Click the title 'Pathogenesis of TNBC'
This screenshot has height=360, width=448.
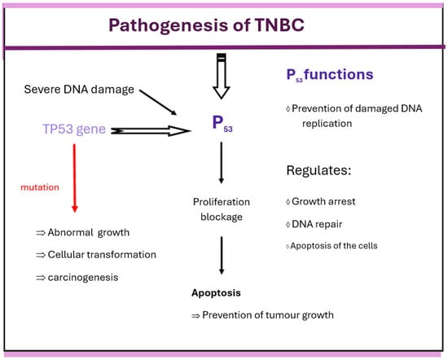click(x=206, y=25)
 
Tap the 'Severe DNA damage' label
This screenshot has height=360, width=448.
click(x=79, y=90)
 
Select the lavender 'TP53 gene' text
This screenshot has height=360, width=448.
click(x=74, y=130)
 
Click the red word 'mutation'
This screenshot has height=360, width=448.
click(x=40, y=187)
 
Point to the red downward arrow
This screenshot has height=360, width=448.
click(x=75, y=178)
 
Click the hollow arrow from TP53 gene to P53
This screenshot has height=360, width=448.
click(x=151, y=131)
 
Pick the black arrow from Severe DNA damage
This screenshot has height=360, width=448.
click(x=158, y=102)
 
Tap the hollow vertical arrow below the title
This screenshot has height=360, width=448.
click(x=222, y=76)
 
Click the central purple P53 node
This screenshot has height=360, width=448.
click(x=222, y=124)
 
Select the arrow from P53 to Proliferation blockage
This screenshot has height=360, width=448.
click(x=221, y=163)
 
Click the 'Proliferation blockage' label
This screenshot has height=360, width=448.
click(x=222, y=209)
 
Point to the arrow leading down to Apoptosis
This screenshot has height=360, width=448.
click(x=222, y=255)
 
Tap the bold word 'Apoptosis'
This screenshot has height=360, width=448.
click(x=216, y=293)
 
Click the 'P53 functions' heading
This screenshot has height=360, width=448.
click(x=330, y=75)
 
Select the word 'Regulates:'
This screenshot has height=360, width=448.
click(x=318, y=170)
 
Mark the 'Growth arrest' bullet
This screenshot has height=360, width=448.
click(x=321, y=201)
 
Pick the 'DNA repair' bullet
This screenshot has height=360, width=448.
click(x=314, y=224)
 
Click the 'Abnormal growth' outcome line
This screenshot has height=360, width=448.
click(x=83, y=233)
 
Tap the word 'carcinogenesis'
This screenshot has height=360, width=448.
click(x=83, y=278)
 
